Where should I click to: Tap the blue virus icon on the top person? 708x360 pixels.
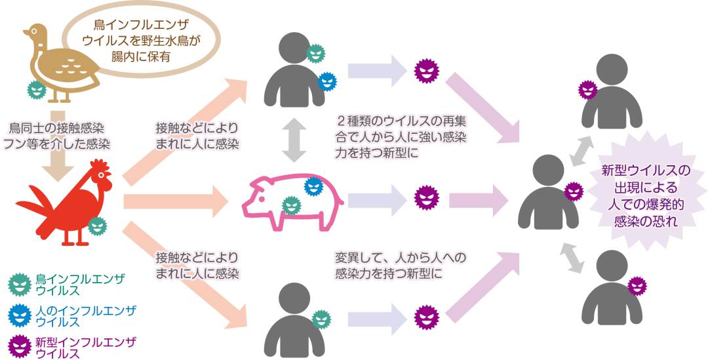(x=327, y=81)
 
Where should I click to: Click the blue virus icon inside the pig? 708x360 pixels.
(x=313, y=187)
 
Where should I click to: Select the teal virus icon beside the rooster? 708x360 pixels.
(x=96, y=226)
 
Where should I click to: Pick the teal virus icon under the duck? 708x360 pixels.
(x=36, y=90)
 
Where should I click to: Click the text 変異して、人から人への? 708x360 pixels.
(x=400, y=259)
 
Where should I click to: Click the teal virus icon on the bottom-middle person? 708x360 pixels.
(x=321, y=319)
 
